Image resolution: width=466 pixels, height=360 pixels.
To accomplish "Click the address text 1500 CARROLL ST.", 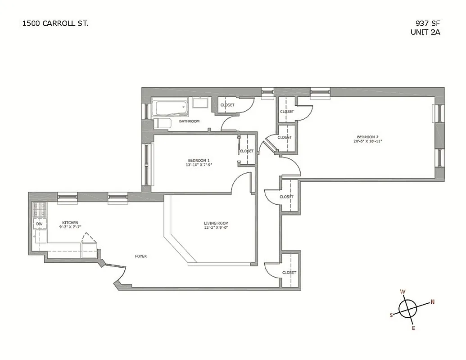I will [55, 23].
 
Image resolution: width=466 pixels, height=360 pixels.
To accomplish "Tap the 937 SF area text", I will [427, 23].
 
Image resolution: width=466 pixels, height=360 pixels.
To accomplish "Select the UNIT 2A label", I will [425, 32].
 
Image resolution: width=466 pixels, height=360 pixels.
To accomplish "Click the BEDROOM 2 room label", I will [366, 137].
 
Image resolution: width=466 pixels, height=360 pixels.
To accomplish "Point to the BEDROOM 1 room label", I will [199, 160].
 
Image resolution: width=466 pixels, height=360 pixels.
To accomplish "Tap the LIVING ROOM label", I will [216, 223].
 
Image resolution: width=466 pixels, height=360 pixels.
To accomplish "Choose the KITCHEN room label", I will [70, 222].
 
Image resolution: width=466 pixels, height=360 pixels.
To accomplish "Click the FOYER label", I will [140, 256].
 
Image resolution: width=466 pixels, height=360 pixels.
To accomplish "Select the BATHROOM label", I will [189, 121].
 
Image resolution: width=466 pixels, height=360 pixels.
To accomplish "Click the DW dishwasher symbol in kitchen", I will [39, 224].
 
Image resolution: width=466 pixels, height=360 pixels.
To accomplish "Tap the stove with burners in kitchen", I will [39, 209].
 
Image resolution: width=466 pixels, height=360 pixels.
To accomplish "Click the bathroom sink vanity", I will [199, 103].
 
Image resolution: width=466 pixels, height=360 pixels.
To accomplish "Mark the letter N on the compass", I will [432, 302].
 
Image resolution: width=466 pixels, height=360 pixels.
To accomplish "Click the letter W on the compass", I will [403, 292].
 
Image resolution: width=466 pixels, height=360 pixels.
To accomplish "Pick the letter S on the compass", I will [391, 315].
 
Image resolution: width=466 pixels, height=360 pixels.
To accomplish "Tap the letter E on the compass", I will [413, 328].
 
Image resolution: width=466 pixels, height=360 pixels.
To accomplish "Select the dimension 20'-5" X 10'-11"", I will [366, 141].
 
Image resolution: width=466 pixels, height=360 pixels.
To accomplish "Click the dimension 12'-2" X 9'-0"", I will [216, 228].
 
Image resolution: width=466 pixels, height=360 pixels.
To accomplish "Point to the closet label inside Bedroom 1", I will [247, 151].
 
